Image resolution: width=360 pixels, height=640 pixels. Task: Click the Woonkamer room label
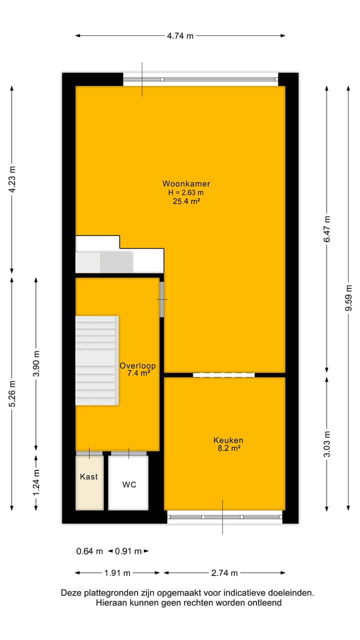[x=186, y=183]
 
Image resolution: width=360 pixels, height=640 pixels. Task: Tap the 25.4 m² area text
[x=186, y=201]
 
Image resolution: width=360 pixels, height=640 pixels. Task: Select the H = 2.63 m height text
[x=186, y=192]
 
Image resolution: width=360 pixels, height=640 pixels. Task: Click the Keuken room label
[x=228, y=440]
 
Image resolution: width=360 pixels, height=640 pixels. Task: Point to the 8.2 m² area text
[x=228, y=448]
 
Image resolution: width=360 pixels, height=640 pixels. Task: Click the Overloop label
[x=137, y=365]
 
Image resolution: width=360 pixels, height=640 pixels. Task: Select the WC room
[x=129, y=484]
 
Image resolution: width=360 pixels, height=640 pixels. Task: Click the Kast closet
[x=89, y=477]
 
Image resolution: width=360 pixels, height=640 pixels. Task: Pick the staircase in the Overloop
[x=96, y=360]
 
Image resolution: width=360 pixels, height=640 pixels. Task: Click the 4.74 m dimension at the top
[x=180, y=36]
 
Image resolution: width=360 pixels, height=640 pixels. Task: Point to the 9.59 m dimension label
[x=349, y=298]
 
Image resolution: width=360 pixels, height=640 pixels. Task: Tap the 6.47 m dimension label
[x=327, y=228]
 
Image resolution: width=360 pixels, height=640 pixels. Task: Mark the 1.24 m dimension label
[x=36, y=483]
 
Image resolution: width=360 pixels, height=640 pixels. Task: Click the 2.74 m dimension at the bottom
[x=224, y=573]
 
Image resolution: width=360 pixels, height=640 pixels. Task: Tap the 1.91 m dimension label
[x=117, y=573]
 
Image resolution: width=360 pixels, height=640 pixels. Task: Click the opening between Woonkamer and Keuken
[x=223, y=374]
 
